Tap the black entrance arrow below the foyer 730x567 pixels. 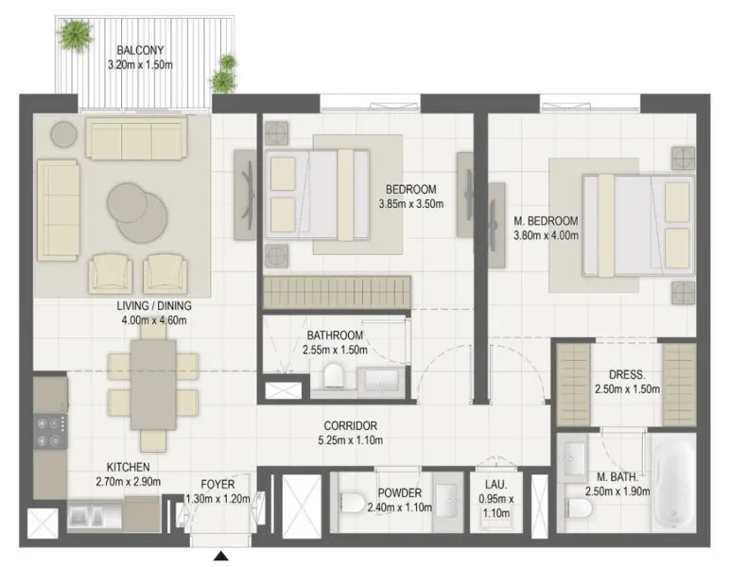click(x=220, y=558)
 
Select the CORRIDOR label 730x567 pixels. click(x=350, y=425)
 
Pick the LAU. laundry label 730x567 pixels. click(x=493, y=493)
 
